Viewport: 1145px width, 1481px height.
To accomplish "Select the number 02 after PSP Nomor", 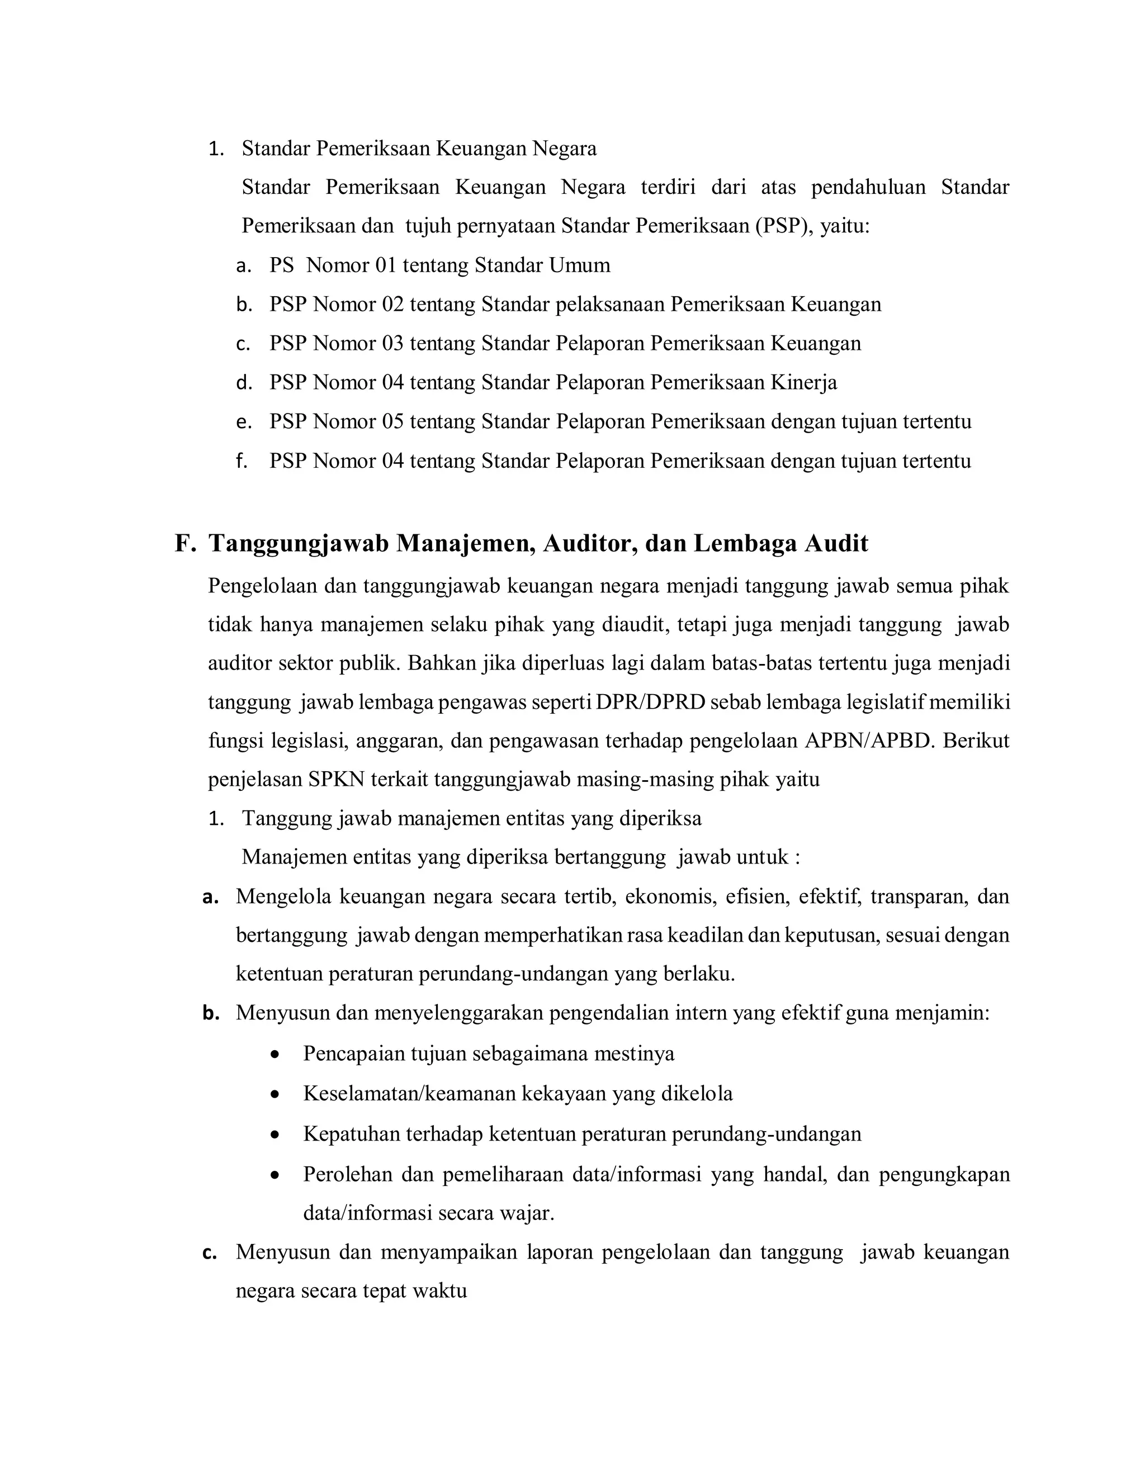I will click(x=392, y=305).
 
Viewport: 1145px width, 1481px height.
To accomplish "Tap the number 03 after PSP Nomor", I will click(x=392, y=344).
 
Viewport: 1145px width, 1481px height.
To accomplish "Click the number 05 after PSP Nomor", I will click(x=392, y=422).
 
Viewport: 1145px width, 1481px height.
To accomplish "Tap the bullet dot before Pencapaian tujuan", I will click(x=274, y=1055).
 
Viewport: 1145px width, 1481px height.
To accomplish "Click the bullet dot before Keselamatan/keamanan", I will click(x=274, y=1094).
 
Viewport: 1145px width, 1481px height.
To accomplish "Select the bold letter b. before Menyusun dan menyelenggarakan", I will click(x=211, y=1014).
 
